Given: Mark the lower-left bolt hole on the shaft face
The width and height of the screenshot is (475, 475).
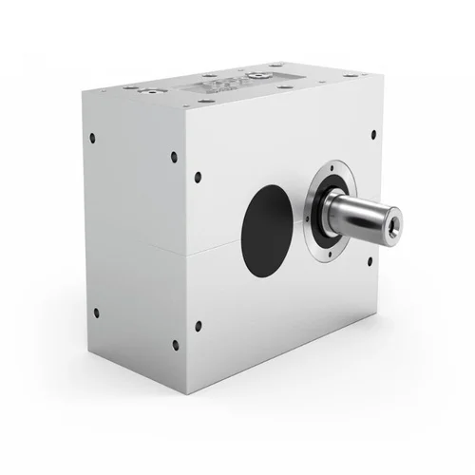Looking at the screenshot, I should [198, 326].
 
